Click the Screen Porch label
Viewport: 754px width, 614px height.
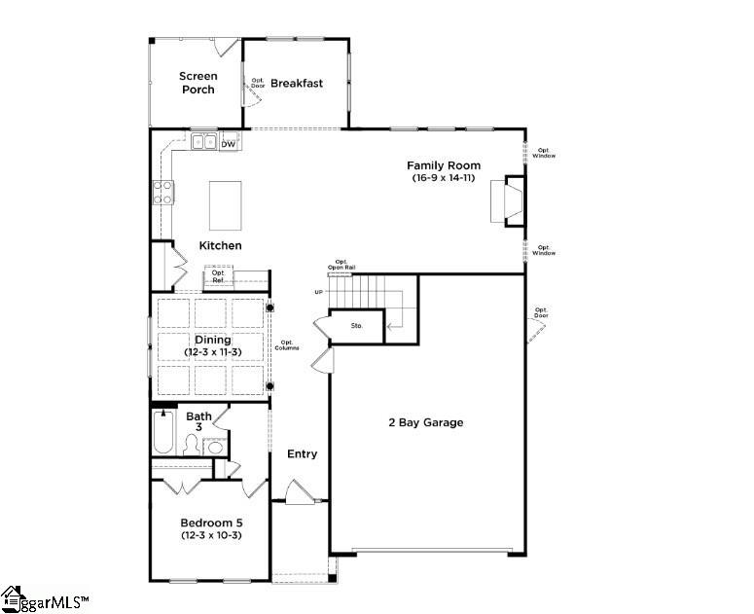197,83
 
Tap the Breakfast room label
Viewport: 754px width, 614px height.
297,83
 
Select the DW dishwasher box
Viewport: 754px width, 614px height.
229,144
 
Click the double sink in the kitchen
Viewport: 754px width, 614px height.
204,142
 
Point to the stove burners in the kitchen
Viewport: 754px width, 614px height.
162,192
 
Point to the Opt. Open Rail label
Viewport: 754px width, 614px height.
341,264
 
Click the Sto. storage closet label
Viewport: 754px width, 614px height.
357,325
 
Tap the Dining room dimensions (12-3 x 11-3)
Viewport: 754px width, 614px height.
211,351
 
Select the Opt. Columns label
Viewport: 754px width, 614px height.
289,344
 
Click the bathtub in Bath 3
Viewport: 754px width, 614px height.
163,434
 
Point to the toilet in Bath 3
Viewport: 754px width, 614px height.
190,446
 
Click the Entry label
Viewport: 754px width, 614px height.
302,453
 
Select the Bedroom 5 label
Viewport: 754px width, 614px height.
211,523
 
